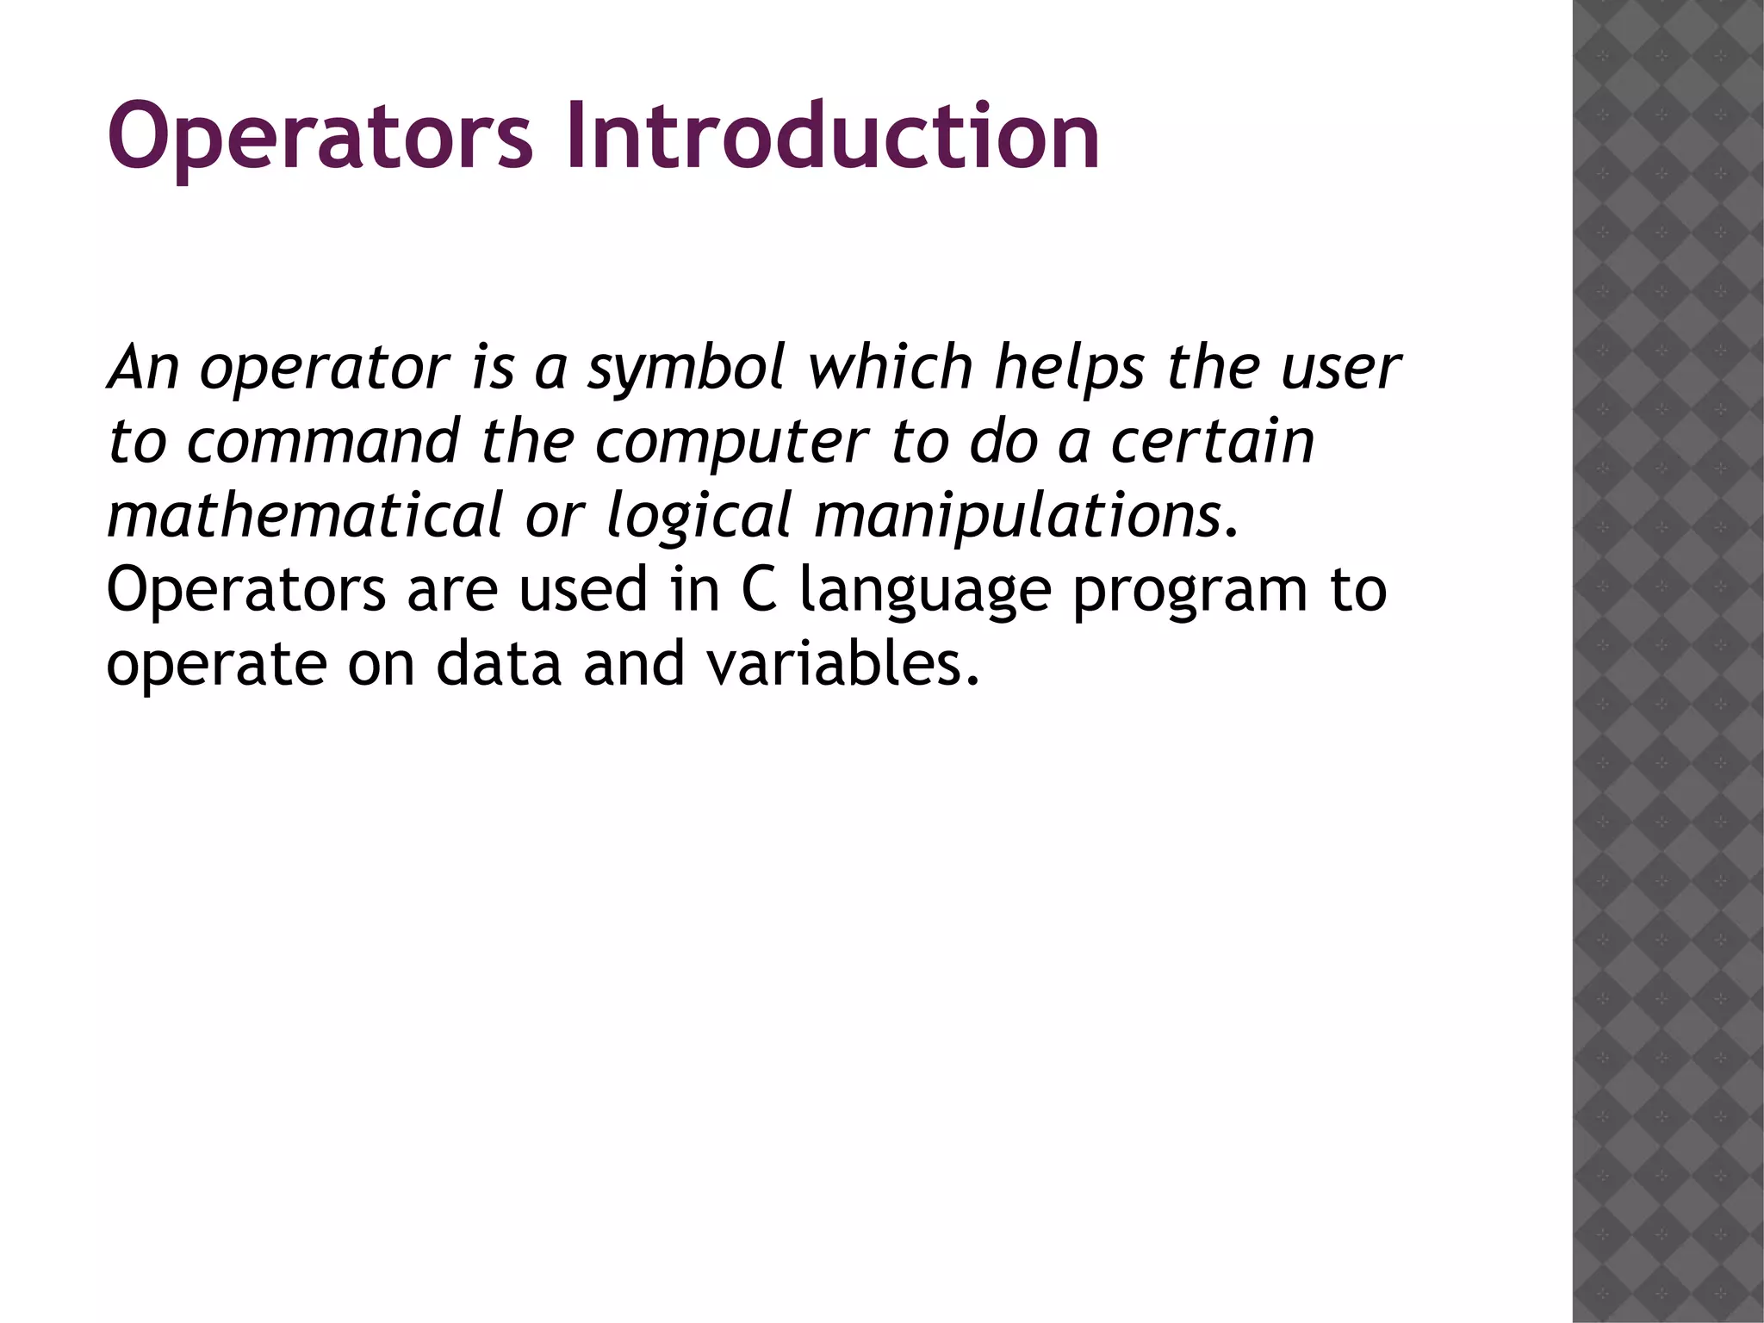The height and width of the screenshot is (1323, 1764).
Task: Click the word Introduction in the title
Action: pos(832,136)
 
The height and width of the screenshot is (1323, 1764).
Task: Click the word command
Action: pos(323,442)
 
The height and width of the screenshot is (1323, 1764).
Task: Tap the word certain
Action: pos(1212,442)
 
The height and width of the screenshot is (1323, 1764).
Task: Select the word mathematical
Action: pos(304,516)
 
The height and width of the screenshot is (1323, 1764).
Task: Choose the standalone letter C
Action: pos(759,590)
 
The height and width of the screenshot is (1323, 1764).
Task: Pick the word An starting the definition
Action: pos(143,368)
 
